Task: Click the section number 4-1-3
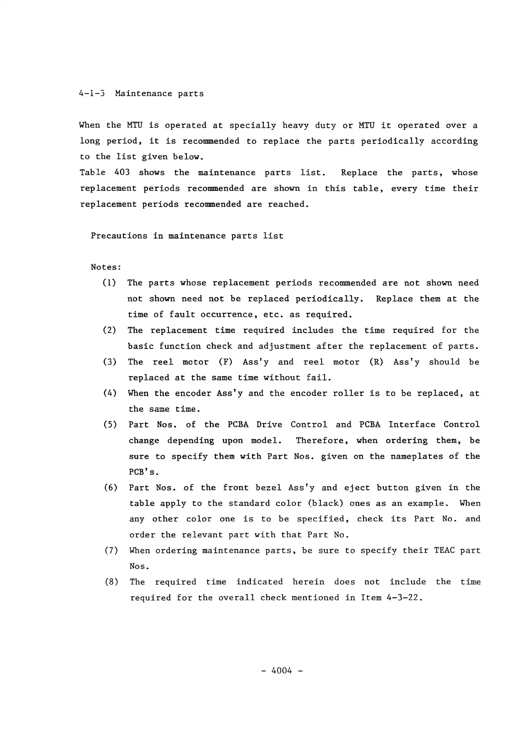click(91, 93)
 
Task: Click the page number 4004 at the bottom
click(282, 671)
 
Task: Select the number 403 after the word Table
click(122, 172)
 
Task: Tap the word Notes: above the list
click(106, 267)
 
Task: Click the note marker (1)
click(109, 283)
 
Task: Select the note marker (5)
click(110, 425)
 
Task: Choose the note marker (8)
click(111, 582)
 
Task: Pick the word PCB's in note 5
click(143, 472)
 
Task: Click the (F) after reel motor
click(225, 362)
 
